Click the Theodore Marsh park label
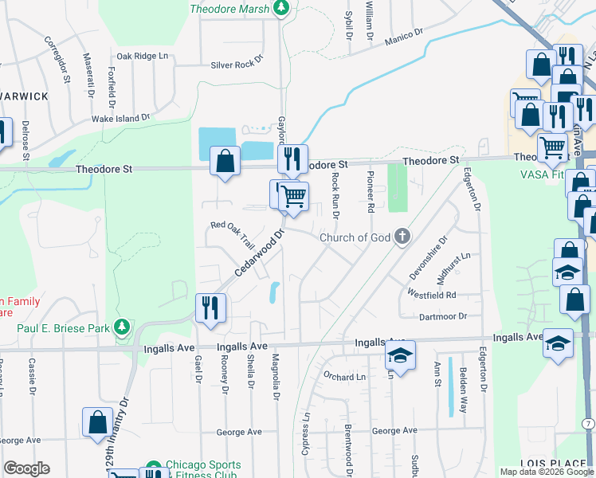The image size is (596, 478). click(231, 9)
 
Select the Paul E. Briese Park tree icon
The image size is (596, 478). click(121, 326)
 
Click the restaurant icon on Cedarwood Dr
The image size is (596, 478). click(210, 308)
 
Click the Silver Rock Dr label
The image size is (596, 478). click(237, 66)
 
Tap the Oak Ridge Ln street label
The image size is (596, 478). click(143, 56)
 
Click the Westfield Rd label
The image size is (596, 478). click(431, 295)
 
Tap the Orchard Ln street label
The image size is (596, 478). click(343, 376)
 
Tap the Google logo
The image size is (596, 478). click(26, 468)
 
